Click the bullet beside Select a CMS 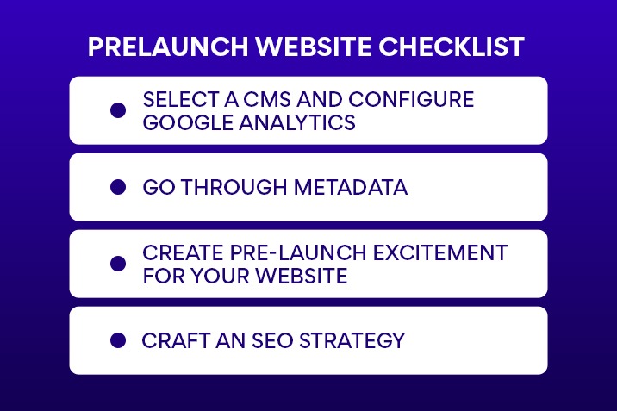click(118, 110)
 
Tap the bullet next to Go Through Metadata click(118, 187)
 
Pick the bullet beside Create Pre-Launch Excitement click(118, 264)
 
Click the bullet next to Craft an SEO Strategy click(118, 340)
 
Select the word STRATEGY click(354, 340)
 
